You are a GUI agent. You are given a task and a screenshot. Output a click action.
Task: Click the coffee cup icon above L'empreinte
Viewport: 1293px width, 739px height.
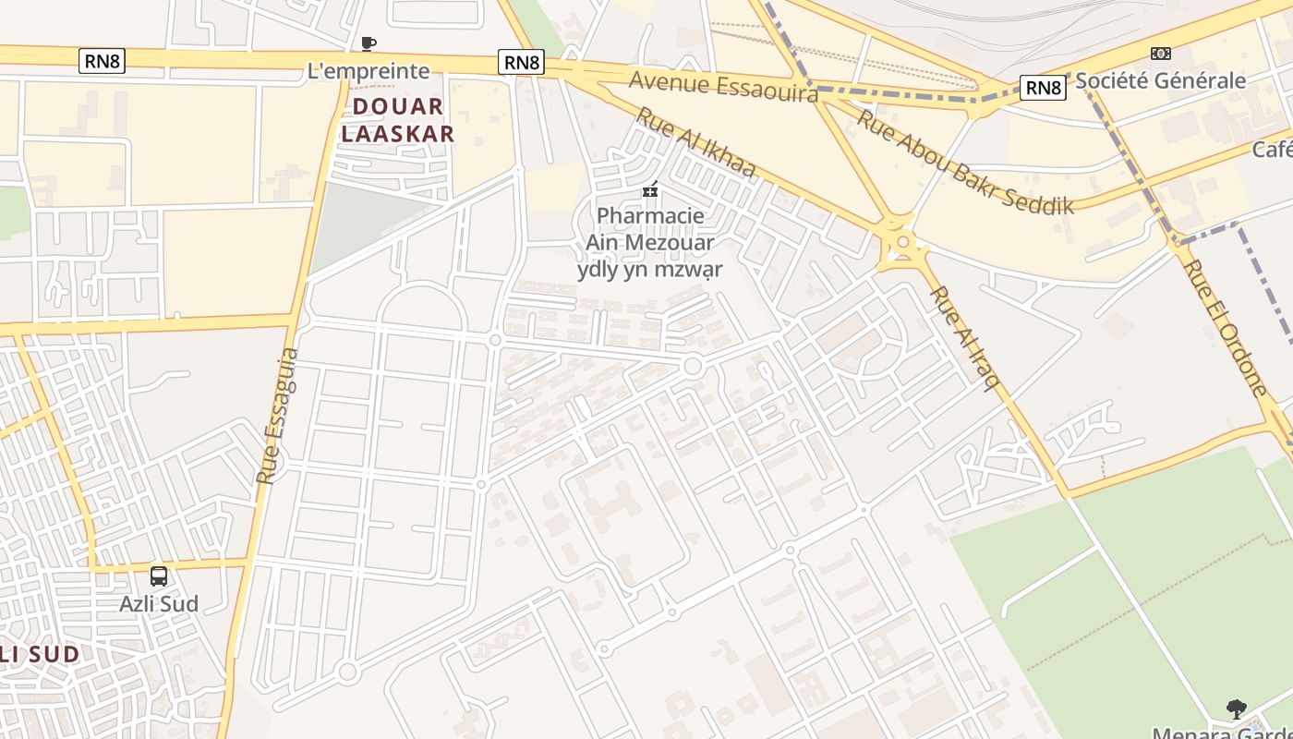click(369, 43)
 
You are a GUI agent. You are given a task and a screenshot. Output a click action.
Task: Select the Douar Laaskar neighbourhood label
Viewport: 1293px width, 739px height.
click(398, 120)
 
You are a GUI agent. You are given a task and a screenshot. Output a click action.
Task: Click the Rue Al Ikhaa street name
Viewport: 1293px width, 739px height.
click(695, 142)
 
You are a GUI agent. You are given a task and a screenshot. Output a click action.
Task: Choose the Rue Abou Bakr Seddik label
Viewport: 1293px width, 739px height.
click(965, 163)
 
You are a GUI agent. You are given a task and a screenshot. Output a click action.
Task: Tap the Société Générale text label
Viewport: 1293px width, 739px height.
click(1160, 80)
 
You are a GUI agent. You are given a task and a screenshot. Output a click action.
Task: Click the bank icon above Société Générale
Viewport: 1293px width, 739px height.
click(1160, 54)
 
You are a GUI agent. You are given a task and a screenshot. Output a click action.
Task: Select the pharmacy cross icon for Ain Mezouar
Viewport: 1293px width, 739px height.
click(650, 189)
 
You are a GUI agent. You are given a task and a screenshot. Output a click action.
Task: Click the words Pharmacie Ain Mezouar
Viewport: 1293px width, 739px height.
click(650, 229)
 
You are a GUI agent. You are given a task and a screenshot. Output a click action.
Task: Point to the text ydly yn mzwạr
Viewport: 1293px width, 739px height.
click(650, 270)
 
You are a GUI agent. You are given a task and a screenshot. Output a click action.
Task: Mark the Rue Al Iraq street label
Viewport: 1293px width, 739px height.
click(966, 338)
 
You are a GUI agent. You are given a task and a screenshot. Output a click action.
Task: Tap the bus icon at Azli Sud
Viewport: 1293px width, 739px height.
click(159, 576)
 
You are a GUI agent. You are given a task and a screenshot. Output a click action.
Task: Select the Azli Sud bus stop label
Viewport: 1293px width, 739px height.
click(159, 604)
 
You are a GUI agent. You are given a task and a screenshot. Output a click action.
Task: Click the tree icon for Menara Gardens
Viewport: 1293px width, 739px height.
click(1237, 709)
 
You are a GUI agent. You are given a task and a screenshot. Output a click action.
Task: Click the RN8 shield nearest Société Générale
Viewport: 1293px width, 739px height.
click(1043, 88)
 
